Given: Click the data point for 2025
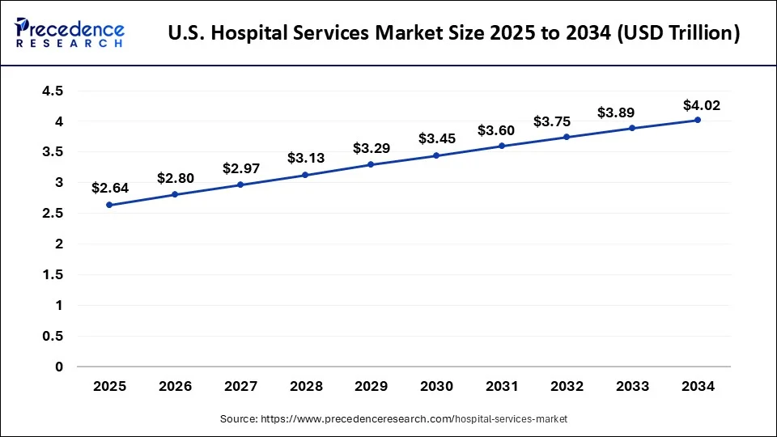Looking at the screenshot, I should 109,205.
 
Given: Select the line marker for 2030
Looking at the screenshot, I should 436,155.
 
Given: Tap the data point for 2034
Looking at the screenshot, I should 698,120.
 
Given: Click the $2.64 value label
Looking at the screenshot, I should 109,188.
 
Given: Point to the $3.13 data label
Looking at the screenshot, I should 305,158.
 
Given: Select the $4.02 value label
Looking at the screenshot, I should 701,105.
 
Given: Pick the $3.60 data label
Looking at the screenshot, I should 495,130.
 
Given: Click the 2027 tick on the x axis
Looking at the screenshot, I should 240,387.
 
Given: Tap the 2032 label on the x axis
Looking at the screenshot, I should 567,387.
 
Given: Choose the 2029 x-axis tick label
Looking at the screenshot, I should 371,387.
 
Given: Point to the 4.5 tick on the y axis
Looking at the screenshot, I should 53,91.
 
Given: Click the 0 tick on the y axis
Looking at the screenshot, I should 59,367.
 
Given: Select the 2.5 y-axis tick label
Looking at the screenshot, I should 53,214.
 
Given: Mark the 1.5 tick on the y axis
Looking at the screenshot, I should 53,275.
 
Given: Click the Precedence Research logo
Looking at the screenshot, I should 70,33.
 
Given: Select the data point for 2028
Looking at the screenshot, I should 305,175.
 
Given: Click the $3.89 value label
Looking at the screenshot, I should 615,113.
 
